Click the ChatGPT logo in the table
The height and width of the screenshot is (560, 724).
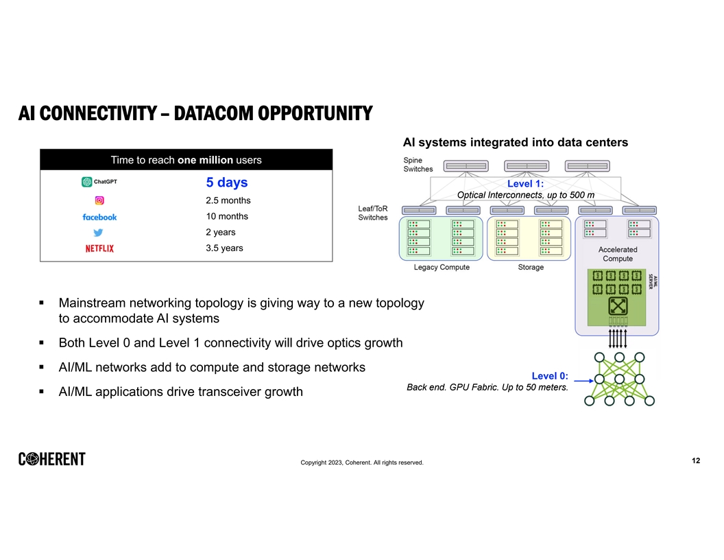coord(99,183)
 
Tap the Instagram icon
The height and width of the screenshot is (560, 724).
coord(99,200)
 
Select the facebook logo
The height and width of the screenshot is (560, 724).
coord(99,217)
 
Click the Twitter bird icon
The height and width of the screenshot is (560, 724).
coord(99,233)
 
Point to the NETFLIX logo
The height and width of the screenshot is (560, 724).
coord(99,248)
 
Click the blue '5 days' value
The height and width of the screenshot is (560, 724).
coord(227,183)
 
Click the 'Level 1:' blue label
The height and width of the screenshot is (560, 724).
coord(525,184)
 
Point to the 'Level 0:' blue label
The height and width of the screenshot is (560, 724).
coord(550,375)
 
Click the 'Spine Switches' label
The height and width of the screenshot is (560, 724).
coord(418,165)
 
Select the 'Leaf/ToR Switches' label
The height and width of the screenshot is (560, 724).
coord(373,213)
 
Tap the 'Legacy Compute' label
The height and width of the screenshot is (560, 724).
coord(442,267)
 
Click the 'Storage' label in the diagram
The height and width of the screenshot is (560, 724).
coord(531,267)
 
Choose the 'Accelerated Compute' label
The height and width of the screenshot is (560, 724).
coord(618,254)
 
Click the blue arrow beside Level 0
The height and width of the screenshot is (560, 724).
coord(582,380)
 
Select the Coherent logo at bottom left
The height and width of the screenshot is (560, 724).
coord(52,459)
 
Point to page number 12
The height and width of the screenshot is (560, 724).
coord(696,460)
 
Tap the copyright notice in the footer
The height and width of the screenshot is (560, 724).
coord(362,463)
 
